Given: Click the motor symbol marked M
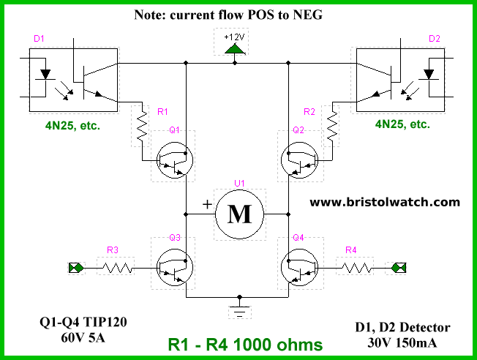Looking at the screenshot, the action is pos(239,214).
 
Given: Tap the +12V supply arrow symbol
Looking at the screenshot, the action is pos(235,49).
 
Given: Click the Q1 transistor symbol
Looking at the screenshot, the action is pos(175,160).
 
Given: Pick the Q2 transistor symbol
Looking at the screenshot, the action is pos(300,160).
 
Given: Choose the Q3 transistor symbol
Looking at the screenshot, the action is pos(175,267).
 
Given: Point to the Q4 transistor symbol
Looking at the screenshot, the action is pos(300,267).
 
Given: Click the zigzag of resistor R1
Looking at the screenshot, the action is pos(142,125).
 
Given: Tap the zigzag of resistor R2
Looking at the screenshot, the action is pos(332,125).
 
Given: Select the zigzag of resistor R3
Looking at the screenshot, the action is pos(117,268).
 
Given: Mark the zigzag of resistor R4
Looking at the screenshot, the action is pos(356,268).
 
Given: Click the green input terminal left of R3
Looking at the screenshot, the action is pos(76,268).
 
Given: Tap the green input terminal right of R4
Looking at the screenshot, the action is pos(399,268).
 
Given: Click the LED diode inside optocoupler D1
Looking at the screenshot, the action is pos(45,75).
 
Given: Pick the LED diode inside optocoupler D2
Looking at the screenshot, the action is pos(429,75).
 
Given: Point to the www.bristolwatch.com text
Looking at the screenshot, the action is pos(385,202).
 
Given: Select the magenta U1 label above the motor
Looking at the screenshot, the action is pos(239,183).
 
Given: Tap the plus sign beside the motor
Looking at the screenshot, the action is pos(207,204).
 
